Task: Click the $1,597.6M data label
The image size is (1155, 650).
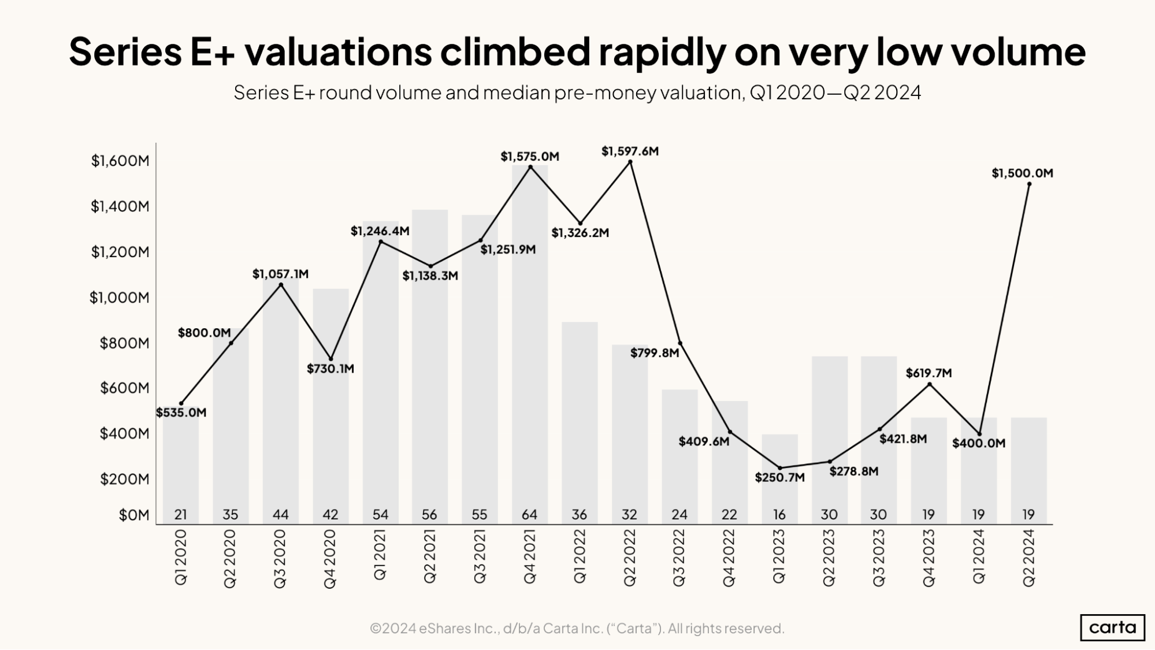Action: [630, 151]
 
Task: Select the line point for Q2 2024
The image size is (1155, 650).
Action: [1029, 184]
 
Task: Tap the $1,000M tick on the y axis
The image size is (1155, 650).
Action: [119, 298]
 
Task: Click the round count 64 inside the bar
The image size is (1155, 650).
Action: [529, 514]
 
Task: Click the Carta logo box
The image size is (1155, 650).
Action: [1112, 627]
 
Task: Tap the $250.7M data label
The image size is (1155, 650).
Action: [779, 478]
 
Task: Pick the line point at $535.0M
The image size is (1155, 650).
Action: [181, 403]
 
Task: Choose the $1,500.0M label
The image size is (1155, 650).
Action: [1022, 173]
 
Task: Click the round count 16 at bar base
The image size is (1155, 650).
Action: [779, 514]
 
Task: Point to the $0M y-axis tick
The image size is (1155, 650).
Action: [133, 515]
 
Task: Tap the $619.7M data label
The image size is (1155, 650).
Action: [929, 373]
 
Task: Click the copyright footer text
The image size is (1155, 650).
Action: [577, 628]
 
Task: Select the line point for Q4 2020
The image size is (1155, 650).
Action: [330, 359]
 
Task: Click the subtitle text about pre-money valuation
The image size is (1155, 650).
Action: [577, 92]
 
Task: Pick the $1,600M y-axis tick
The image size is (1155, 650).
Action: [120, 161]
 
